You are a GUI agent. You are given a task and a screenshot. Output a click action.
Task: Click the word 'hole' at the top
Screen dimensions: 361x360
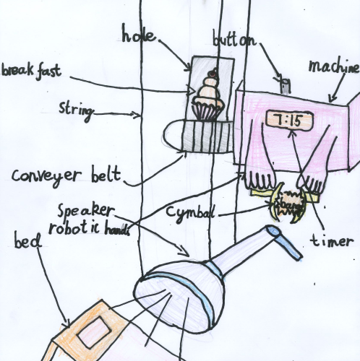137,34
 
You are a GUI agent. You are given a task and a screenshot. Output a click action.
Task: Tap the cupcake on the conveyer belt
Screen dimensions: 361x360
208,98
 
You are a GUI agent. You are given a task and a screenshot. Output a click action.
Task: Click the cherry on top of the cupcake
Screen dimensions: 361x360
212,73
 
